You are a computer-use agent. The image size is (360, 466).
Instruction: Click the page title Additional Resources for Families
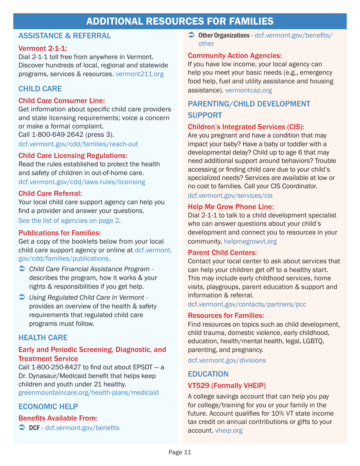pyautogui.click(x=180, y=21)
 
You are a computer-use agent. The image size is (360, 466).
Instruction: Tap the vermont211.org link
pyautogui.click(x=139, y=74)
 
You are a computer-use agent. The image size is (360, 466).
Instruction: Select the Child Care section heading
pyautogui.click(x=40, y=89)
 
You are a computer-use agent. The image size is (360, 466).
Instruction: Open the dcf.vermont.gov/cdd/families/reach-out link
pyautogui.click(x=78, y=144)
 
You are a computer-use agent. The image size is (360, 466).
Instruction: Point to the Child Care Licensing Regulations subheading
pyautogui.click(x=73, y=155)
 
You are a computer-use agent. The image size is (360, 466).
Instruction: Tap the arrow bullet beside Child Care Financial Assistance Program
pyautogui.click(x=22, y=269)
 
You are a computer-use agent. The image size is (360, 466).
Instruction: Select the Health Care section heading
pyautogui.click(x=43, y=338)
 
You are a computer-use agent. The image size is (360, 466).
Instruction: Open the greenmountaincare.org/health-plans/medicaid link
pyautogui.click(x=88, y=393)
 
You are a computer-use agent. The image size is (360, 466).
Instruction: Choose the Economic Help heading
pyautogui.click(x=48, y=407)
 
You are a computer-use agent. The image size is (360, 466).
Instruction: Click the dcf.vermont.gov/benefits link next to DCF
pyautogui.click(x=82, y=428)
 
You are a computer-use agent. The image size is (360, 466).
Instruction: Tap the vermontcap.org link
pyautogui.click(x=249, y=90)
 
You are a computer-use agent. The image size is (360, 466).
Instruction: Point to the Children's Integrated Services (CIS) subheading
pyautogui.click(x=246, y=127)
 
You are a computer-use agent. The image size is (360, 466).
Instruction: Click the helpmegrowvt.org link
pyautogui.click(x=250, y=241)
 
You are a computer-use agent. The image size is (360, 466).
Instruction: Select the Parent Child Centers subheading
pyautogui.click(x=222, y=252)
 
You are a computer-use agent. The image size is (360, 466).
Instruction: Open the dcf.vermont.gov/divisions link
pyautogui.click(x=227, y=360)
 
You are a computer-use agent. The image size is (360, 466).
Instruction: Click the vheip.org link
pyautogui.click(x=229, y=430)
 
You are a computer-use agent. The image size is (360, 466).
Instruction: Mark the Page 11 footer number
pyautogui.click(x=180, y=452)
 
